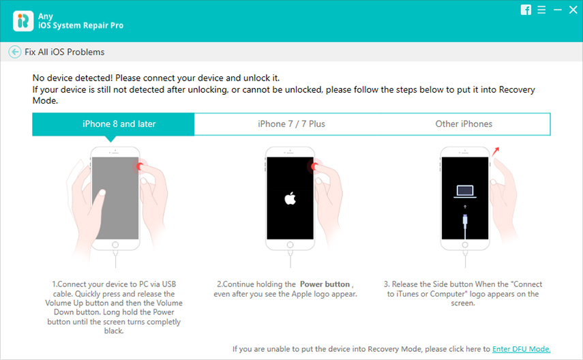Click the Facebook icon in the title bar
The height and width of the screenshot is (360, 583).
[x=526, y=10]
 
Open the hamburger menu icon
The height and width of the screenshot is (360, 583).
[x=541, y=10]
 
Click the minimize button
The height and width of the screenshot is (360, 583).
[x=558, y=10]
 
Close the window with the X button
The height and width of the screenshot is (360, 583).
[x=573, y=10]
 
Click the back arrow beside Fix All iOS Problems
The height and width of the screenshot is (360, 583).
[x=15, y=52]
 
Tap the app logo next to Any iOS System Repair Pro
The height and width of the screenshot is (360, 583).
[x=23, y=21]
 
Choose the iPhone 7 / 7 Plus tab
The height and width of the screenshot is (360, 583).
[x=292, y=124]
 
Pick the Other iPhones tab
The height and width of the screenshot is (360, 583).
[x=464, y=124]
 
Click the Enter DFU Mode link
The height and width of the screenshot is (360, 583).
[x=521, y=349]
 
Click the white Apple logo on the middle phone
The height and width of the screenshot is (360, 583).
[x=290, y=198]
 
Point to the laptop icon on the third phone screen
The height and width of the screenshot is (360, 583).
[x=465, y=192]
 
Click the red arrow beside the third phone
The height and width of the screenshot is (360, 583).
[x=495, y=152]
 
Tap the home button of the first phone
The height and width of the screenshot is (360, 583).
[x=115, y=245]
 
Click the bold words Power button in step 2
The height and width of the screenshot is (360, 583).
[x=325, y=284]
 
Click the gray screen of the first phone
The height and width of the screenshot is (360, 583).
[x=115, y=198]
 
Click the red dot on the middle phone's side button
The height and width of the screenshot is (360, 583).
[x=314, y=166]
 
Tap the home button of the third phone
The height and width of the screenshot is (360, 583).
[x=465, y=245]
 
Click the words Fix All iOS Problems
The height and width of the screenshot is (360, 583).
[x=65, y=52]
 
